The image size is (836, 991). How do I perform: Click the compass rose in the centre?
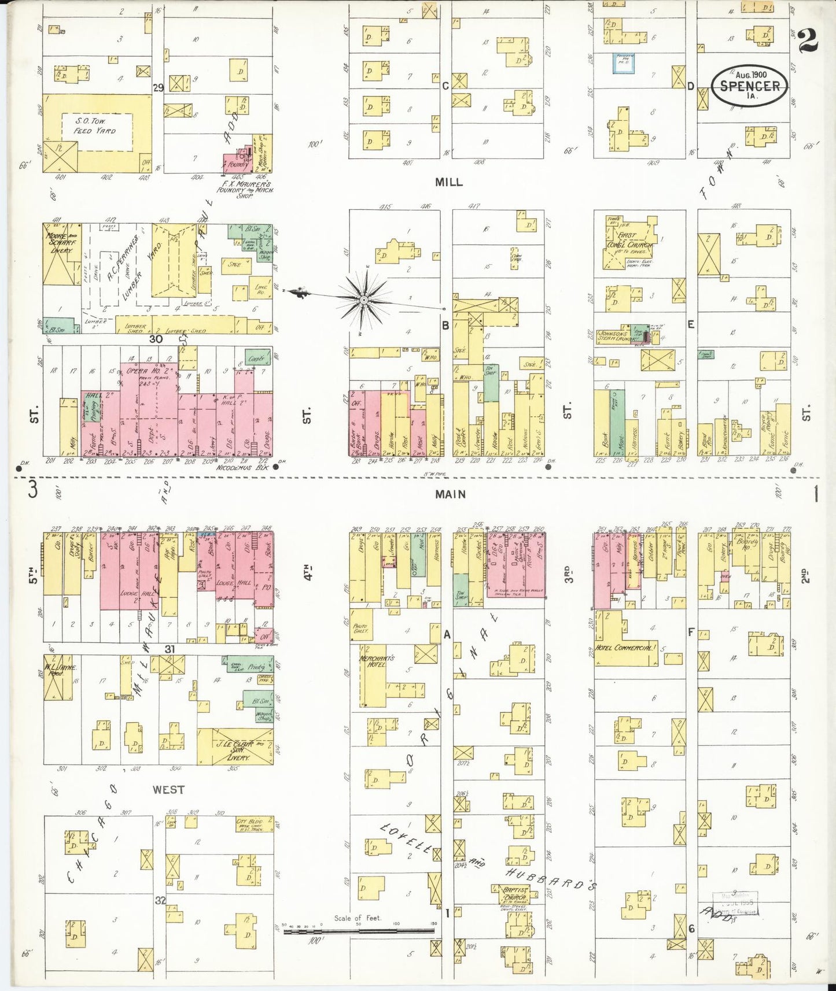click(363, 299)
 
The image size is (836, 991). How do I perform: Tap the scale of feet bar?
click(359, 932)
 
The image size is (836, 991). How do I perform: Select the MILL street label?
click(449, 182)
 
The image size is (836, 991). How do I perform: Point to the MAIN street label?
click(451, 494)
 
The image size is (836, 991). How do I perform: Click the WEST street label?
click(168, 790)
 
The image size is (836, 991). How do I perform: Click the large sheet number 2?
click(807, 42)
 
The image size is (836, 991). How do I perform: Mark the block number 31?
click(169, 649)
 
